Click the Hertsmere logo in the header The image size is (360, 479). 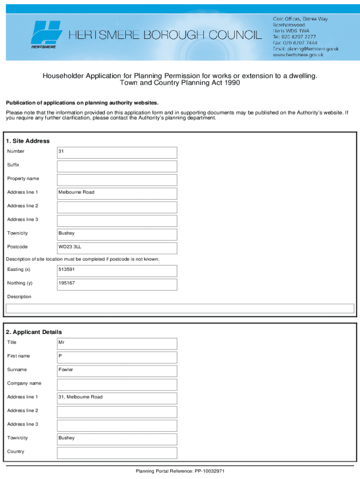click(46, 35)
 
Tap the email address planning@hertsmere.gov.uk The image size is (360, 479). click(306, 49)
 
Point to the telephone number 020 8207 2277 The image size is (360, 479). click(295, 36)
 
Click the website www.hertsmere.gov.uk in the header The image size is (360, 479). click(298, 55)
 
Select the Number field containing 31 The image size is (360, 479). click(117, 152)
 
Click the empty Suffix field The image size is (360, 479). click(117, 166)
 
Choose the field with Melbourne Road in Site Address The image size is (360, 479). click(117, 193)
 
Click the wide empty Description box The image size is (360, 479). click(180, 308)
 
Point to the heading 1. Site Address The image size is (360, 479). click(28, 141)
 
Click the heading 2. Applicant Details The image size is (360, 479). click(34, 332)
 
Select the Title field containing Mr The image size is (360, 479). click(117, 343)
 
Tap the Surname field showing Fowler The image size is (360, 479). click(117, 370)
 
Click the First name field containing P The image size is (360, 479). click(117, 357)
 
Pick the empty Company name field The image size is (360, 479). click(117, 384)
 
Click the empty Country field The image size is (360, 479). click(117, 452)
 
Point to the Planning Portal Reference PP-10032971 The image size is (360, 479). click(180, 471)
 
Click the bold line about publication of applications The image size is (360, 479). click(82, 103)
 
